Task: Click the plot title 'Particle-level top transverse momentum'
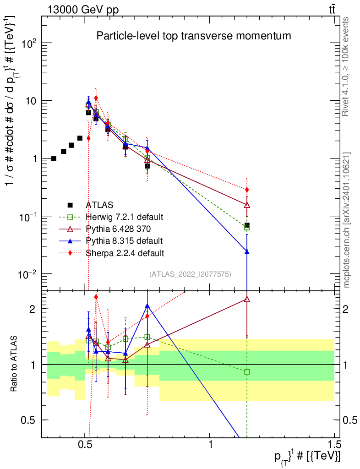(x=194, y=36)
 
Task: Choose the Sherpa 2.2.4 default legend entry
(x=125, y=252)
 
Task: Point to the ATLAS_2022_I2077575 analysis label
(x=190, y=274)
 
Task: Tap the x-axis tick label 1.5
(x=334, y=445)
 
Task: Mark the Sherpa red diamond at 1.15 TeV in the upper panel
(x=247, y=190)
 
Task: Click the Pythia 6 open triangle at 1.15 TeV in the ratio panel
(x=247, y=300)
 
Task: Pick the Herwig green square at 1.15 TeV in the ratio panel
(x=247, y=372)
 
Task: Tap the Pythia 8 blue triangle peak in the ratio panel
(x=147, y=306)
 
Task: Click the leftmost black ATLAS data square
(x=54, y=159)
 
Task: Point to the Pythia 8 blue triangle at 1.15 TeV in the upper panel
(x=247, y=251)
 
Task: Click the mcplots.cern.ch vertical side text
(x=347, y=220)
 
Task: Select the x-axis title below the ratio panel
(x=307, y=457)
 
